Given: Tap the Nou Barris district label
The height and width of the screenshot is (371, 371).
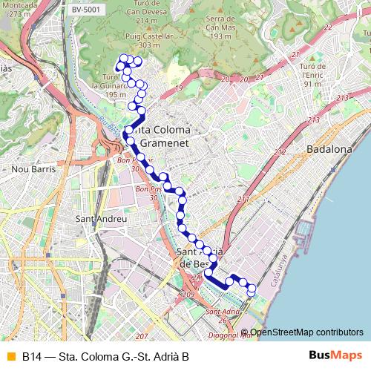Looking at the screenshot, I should tap(30, 169).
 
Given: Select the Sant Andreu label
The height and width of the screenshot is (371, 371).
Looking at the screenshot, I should tap(102, 219).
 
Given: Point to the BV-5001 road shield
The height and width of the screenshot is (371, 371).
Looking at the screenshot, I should tap(88, 9).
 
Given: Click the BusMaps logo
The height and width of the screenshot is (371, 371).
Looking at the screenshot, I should tap(335, 356).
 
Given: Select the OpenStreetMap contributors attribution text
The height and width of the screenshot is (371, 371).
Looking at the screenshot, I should tap(306, 332).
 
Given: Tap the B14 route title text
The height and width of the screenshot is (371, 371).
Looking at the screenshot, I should tap(105, 357).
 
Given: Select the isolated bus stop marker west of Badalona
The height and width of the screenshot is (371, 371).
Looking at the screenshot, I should tap(243, 200).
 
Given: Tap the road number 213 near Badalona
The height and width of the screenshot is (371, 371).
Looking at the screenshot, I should tap(312, 119).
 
